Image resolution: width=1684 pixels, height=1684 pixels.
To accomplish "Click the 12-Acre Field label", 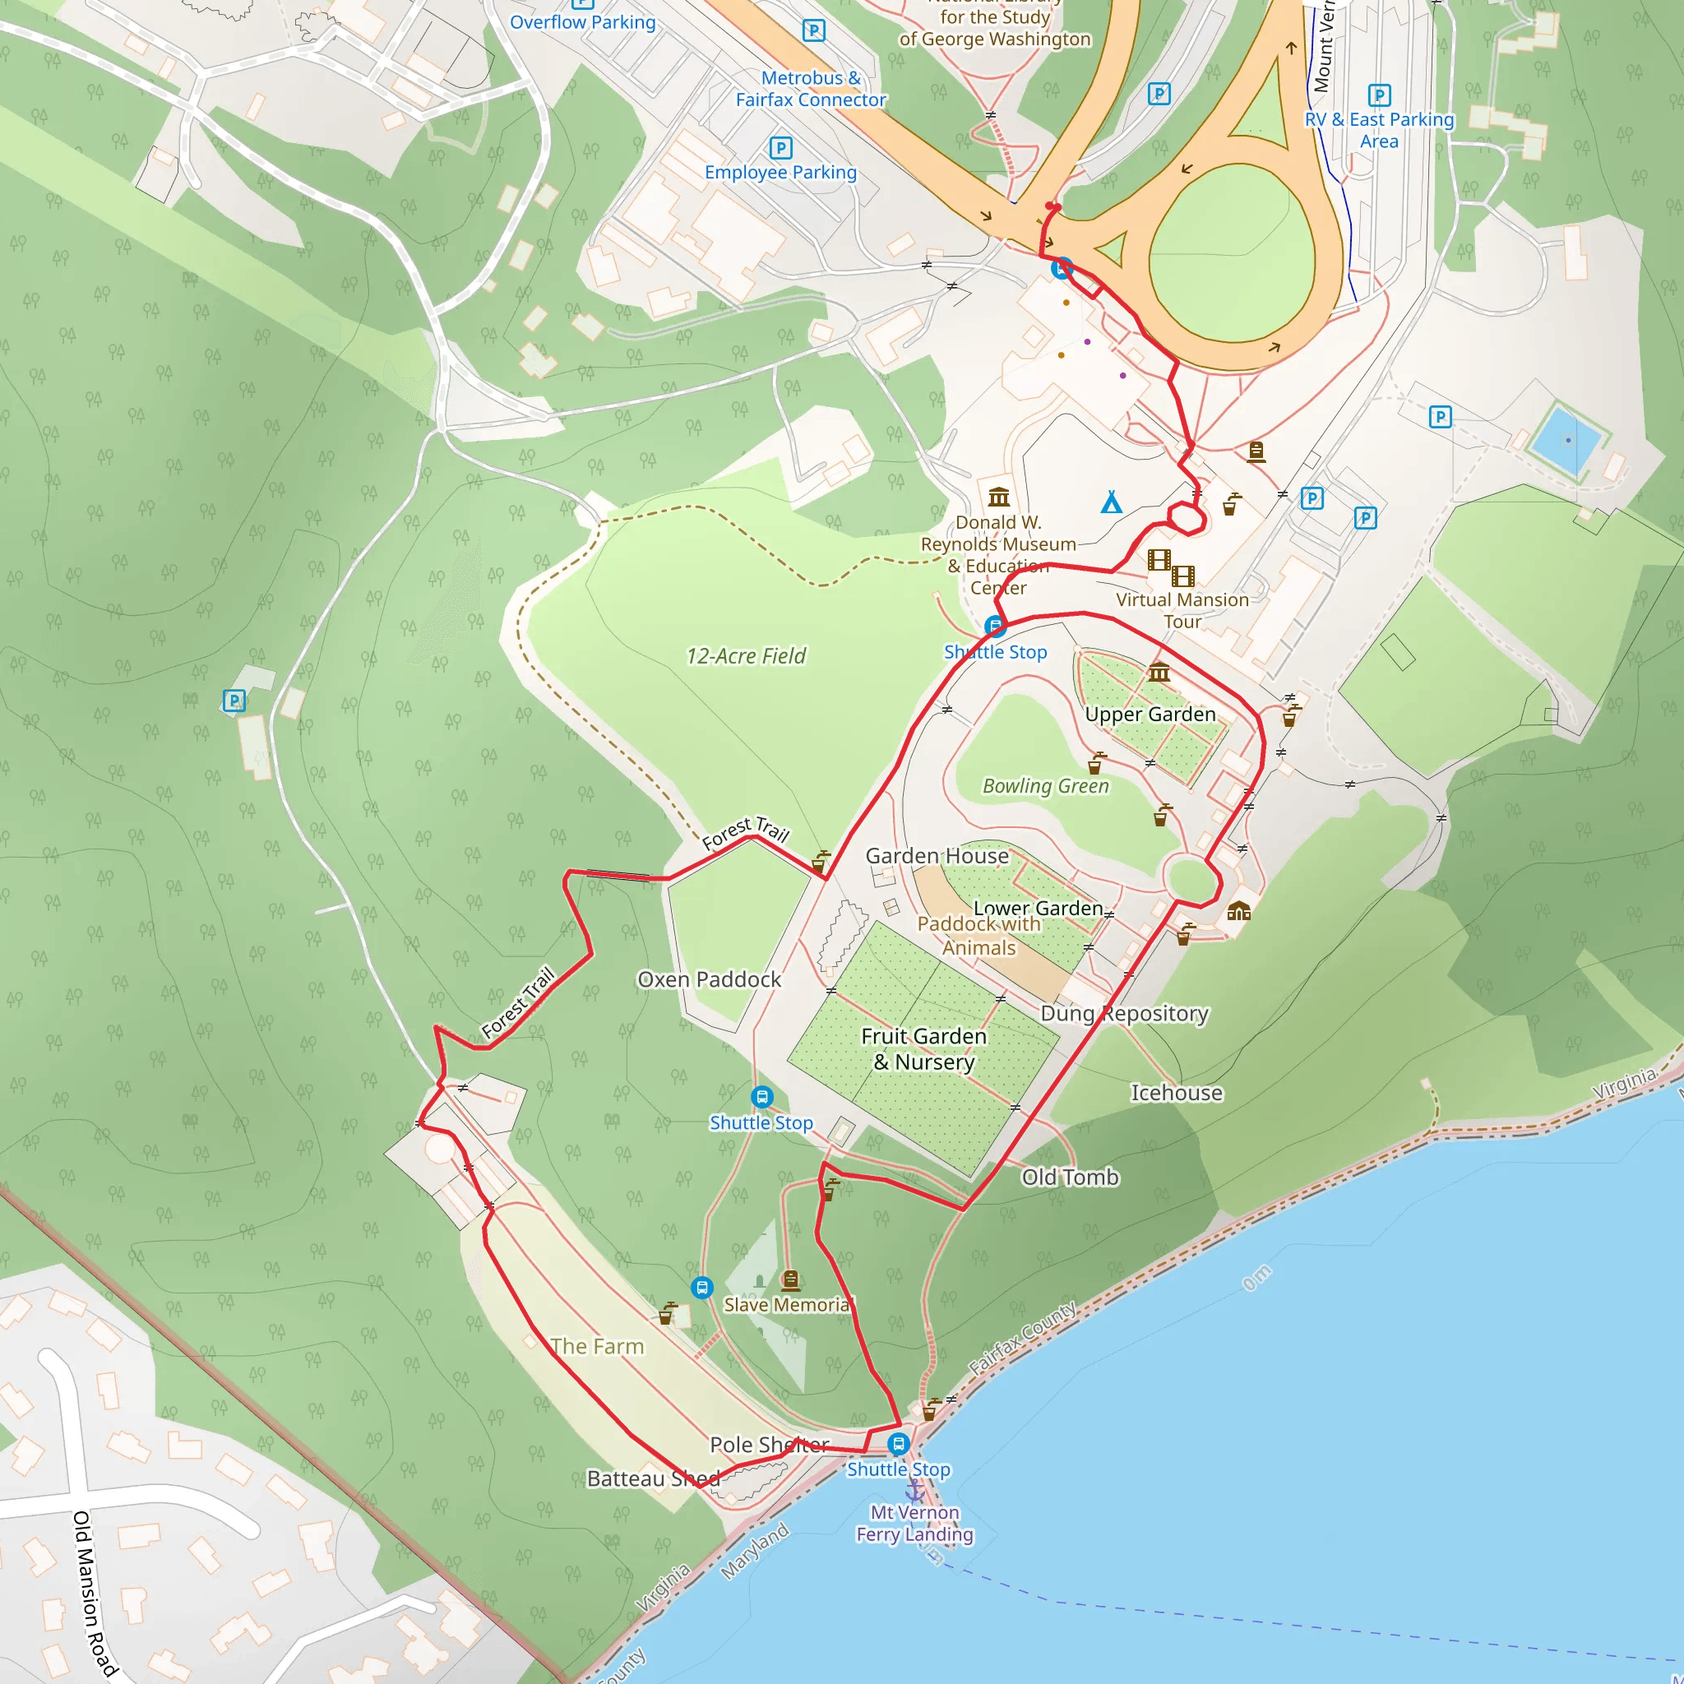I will [745, 655].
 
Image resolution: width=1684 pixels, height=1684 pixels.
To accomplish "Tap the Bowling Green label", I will [1045, 785].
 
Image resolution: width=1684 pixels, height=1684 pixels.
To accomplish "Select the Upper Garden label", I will [1150, 714].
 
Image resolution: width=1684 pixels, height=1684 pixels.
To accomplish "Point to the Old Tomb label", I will [1070, 1177].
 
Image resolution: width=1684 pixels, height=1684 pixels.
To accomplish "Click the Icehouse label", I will [1176, 1092].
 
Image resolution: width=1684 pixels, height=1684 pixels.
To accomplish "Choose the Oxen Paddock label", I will [709, 978].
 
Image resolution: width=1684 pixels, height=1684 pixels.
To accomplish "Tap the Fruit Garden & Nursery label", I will [924, 1048].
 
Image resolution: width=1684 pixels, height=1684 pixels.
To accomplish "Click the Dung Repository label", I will [1124, 1013].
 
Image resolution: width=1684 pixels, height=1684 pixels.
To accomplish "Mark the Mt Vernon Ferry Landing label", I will [914, 1523].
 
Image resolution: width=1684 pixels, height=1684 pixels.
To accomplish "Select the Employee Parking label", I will [780, 172].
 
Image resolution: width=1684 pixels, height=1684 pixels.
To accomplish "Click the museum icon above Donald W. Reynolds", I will [999, 497].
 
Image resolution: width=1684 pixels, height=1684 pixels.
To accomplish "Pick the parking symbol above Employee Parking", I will [781, 147].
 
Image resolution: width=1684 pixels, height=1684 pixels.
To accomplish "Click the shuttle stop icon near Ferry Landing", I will [899, 1444].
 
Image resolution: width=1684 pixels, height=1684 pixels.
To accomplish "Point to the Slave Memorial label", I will [787, 1304].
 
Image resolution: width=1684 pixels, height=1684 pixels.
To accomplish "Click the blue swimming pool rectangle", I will [1567, 440].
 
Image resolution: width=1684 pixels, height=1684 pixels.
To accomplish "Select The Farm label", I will [597, 1346].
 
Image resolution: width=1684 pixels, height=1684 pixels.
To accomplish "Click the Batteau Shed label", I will [653, 1478].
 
